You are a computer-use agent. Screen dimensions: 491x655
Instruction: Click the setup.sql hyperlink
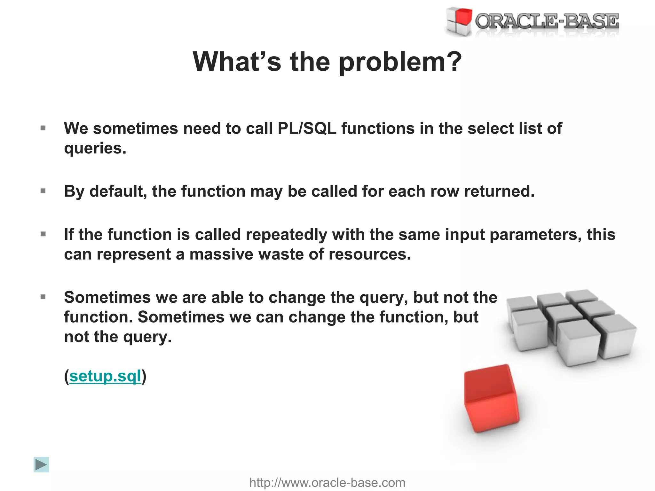[x=105, y=376]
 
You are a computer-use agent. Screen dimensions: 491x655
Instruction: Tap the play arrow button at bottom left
[x=41, y=464]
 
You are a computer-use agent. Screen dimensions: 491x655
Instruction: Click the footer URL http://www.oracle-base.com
[x=327, y=482]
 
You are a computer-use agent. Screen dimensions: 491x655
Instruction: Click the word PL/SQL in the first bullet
[x=307, y=129]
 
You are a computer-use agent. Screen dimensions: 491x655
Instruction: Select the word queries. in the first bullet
[x=95, y=148]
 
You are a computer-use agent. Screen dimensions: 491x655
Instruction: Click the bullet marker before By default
[x=43, y=191]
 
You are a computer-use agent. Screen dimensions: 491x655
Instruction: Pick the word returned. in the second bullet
[x=499, y=191]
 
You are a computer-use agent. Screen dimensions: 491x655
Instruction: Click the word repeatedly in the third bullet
[x=286, y=234]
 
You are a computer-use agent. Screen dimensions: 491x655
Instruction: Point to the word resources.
[x=369, y=254]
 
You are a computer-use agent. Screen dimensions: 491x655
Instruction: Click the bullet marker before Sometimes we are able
[x=43, y=297]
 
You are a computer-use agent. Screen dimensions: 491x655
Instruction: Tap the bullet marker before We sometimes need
[x=43, y=129]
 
